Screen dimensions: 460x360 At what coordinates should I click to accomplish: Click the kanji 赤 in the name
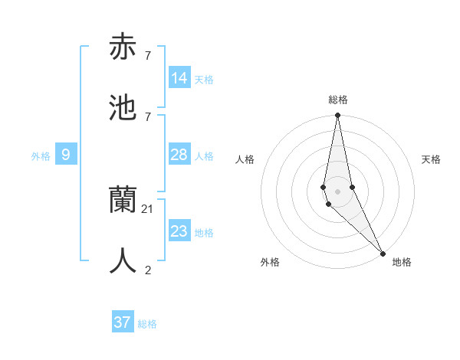pyautogui.click(x=123, y=47)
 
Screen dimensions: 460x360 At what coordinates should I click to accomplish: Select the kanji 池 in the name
pyautogui.click(x=123, y=108)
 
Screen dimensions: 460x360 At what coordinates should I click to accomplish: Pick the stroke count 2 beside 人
pyautogui.click(x=147, y=270)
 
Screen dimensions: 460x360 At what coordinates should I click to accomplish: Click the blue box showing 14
pyautogui.click(x=179, y=77)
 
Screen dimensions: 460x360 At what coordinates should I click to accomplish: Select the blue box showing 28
pyautogui.click(x=179, y=155)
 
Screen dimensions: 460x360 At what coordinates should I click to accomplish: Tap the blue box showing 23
pyautogui.click(x=179, y=231)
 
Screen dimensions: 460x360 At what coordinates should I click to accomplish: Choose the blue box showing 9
pyautogui.click(x=66, y=155)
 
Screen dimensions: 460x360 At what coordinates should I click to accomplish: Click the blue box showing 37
pyautogui.click(x=123, y=322)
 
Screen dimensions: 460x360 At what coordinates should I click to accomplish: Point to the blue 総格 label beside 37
pyautogui.click(x=148, y=324)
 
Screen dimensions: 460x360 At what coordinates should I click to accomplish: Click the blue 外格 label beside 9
pyautogui.click(x=41, y=156)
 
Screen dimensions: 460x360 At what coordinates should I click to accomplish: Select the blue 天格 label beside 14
pyautogui.click(x=204, y=79)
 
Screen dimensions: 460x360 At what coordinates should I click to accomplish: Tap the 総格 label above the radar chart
pyautogui.click(x=338, y=100)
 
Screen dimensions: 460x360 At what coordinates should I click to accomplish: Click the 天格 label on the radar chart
pyautogui.click(x=431, y=159)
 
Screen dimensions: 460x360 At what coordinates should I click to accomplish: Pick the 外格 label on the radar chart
pyautogui.click(x=270, y=262)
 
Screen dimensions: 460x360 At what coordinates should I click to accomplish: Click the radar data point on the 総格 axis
pyautogui.click(x=337, y=116)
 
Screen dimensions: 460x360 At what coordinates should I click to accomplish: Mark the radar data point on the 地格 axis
pyautogui.click(x=383, y=253)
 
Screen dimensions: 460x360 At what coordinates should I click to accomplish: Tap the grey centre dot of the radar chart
pyautogui.click(x=337, y=191)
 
